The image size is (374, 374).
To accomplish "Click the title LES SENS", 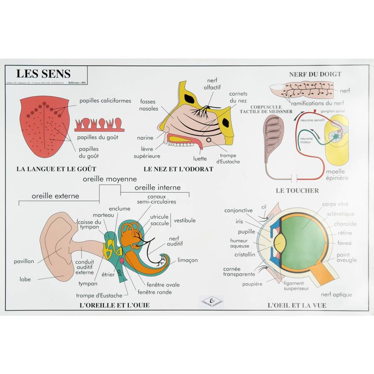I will click(43, 74).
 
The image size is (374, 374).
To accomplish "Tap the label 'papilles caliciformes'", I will click(105, 101).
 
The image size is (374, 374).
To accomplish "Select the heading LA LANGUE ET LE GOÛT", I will click(56, 169).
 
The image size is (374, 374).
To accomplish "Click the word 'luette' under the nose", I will click(200, 158).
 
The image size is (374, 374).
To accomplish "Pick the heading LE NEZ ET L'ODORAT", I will click(178, 169).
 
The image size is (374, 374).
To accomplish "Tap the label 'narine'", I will click(145, 138).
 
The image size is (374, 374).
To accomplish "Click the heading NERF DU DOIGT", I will click(315, 74).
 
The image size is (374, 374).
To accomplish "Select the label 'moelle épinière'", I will click(337, 175).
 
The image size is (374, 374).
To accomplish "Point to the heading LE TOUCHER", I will click(297, 191).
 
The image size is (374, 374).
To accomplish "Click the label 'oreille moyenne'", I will click(110, 179).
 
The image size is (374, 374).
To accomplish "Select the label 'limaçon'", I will click(187, 260).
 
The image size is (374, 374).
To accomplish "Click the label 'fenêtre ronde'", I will click(155, 292).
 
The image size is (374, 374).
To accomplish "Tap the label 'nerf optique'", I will click(336, 295).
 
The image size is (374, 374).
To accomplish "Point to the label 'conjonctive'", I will click(238, 211).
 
